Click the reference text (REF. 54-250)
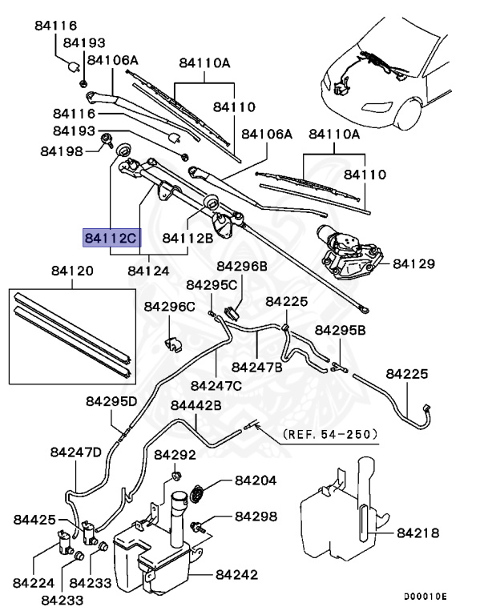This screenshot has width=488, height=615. (329, 435)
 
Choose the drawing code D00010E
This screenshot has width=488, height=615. (425, 597)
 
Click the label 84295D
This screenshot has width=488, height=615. (112, 400)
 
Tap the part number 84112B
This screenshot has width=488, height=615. (188, 238)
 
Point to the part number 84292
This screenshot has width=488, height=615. (175, 455)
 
